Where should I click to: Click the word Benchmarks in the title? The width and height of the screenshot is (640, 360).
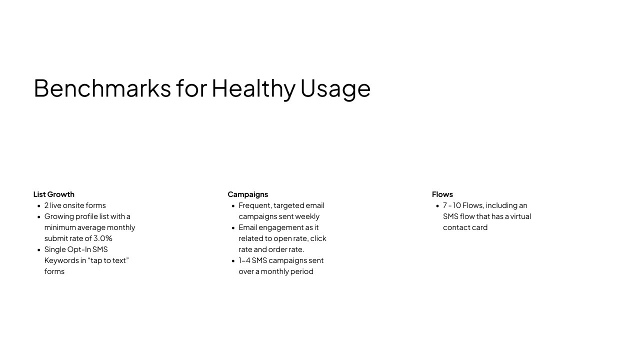(x=102, y=88)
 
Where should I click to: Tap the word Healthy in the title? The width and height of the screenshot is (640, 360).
(x=253, y=89)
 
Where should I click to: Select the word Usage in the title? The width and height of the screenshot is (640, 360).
(x=335, y=89)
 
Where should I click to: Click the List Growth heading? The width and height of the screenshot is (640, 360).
(x=53, y=194)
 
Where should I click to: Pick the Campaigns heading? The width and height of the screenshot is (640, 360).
(x=247, y=194)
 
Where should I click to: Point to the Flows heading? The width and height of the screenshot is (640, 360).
(x=442, y=194)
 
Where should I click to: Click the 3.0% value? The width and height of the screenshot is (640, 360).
(x=103, y=238)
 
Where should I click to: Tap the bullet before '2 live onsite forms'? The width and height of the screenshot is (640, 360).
(x=39, y=205)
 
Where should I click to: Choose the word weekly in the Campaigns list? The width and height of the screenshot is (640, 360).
(x=307, y=216)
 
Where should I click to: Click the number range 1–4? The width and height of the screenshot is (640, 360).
(x=244, y=260)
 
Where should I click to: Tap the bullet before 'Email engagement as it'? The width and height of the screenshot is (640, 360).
(x=233, y=227)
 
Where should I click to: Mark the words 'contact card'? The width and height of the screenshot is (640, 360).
(x=465, y=227)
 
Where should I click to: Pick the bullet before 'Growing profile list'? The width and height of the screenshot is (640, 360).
(x=39, y=217)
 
